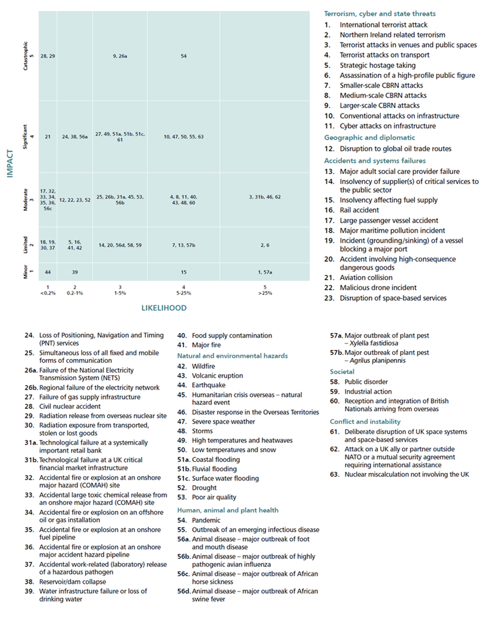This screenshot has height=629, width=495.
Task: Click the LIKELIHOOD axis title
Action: point(164,308)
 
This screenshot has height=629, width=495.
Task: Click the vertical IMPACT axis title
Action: point(10,163)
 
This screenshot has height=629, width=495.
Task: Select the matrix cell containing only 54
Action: point(184,56)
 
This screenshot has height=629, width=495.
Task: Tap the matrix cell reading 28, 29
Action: point(48,56)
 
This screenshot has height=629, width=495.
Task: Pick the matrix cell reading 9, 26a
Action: point(120,56)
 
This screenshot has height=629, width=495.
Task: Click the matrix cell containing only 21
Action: point(48,136)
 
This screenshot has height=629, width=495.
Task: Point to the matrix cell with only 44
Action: point(48,272)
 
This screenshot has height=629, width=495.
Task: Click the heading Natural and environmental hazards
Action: point(232,356)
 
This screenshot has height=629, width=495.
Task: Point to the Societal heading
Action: point(342,372)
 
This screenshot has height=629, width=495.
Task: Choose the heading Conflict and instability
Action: point(365,422)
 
